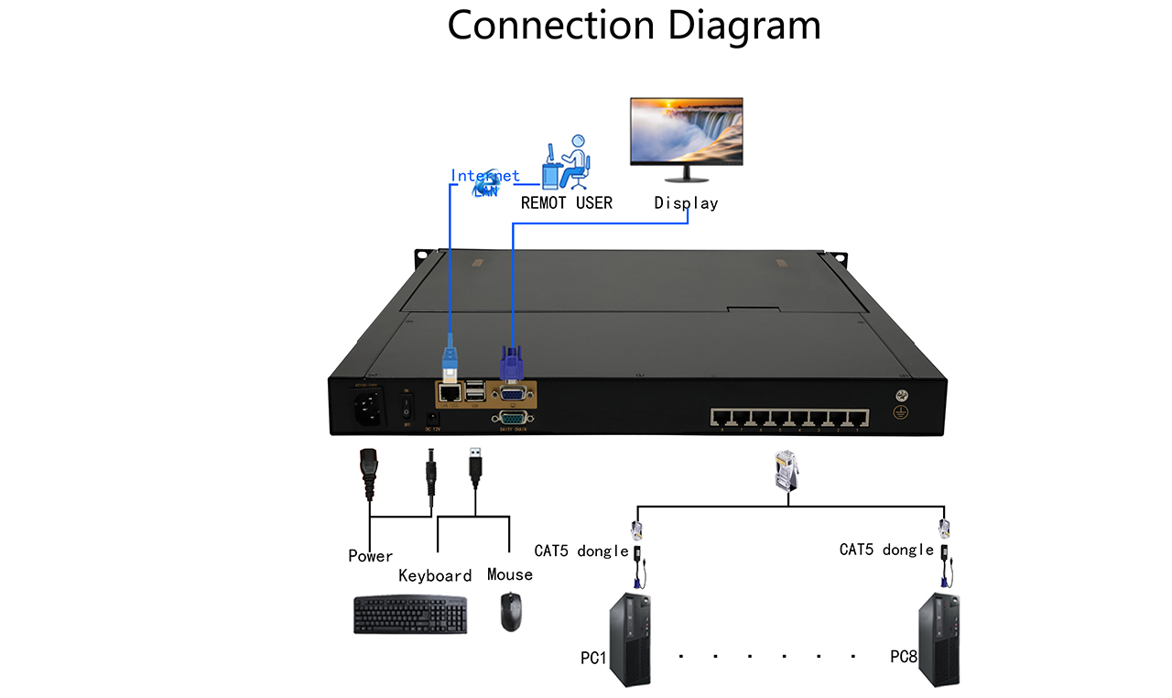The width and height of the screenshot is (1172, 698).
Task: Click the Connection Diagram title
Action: pyautogui.click(x=634, y=25)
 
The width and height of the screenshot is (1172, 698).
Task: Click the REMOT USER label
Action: pyautogui.click(x=566, y=202)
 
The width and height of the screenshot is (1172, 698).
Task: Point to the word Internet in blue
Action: pyautogui.click(x=484, y=175)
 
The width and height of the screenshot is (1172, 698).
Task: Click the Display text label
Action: pyautogui.click(x=686, y=202)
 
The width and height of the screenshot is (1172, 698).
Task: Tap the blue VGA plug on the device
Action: pyautogui.click(x=511, y=364)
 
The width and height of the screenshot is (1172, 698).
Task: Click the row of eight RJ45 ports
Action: pyautogui.click(x=789, y=418)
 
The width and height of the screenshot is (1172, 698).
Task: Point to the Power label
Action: pyautogui.click(x=370, y=556)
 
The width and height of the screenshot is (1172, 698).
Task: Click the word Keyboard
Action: pyautogui.click(x=435, y=575)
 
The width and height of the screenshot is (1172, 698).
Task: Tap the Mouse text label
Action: pyautogui.click(x=509, y=574)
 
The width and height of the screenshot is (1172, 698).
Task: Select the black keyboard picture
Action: pyautogui.click(x=410, y=615)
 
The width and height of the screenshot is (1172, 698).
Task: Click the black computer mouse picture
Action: pyautogui.click(x=511, y=611)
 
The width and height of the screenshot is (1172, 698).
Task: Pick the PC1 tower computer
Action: pyautogui.click(x=630, y=639)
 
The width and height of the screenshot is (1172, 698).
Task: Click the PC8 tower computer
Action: pyautogui.click(x=939, y=639)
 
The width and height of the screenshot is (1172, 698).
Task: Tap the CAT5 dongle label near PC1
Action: pyautogui.click(x=581, y=551)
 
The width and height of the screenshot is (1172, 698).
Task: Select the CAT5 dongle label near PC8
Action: pyautogui.click(x=886, y=550)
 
